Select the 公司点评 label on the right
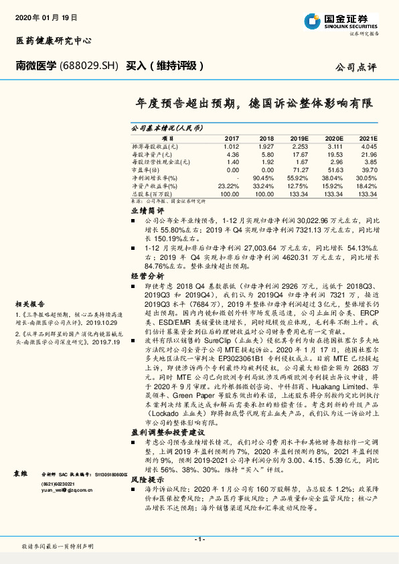pos(357,67)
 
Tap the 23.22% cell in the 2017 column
pos(228,186)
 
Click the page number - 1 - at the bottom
pos(199,539)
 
